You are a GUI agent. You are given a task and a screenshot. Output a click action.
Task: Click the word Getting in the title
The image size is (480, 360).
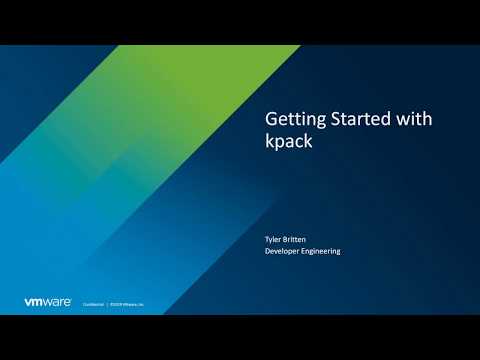tap(288, 118)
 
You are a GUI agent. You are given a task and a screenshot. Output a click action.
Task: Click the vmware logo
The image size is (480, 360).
tap(47, 301)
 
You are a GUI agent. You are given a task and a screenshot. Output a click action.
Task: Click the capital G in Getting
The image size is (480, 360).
tap(271, 118)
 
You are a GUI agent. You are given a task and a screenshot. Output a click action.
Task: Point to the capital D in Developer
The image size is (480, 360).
tap(267, 251)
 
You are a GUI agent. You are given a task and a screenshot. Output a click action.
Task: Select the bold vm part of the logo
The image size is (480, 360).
tap(34, 301)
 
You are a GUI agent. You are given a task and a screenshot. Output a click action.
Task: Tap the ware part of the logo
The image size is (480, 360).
tap(57, 301)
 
